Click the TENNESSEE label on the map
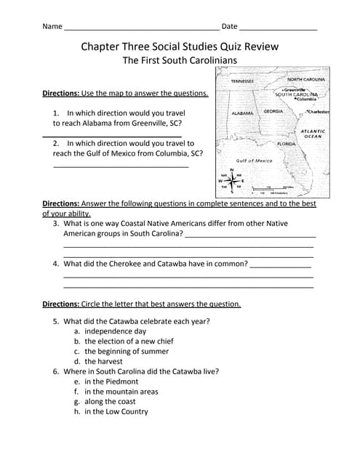coord(242,81)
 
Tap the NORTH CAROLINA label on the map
coord(305,79)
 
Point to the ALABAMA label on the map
coord(241,114)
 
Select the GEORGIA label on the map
coord(273,111)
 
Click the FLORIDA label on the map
coord(287,144)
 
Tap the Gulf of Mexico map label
coord(255,161)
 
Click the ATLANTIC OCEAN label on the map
coord(313,133)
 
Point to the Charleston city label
coord(318,112)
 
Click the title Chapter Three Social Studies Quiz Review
coord(179,47)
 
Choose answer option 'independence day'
coord(115,331)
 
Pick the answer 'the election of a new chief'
coord(129,341)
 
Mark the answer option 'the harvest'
coord(103,361)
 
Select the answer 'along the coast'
coord(110,402)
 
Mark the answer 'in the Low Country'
coord(116,412)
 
